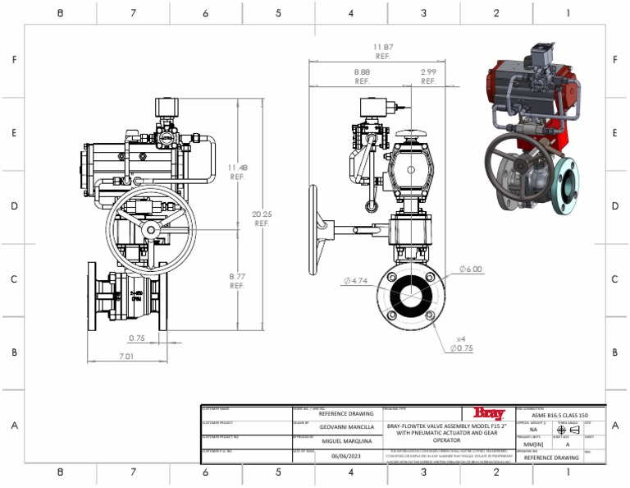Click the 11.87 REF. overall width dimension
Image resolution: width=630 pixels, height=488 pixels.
pos(382,52)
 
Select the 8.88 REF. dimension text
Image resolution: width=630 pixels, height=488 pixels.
pos(362,76)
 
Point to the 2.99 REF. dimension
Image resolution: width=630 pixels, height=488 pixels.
pos(428,76)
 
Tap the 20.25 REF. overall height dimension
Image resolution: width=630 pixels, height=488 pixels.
pos(262,219)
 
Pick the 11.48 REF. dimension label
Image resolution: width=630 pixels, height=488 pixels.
pos(237,172)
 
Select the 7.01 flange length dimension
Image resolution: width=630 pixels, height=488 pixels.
pos(126,357)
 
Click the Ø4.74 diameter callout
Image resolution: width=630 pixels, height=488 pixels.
pos(356,281)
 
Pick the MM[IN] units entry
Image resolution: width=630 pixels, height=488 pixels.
pos(533,444)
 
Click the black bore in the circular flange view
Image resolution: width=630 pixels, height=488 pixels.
pos(407,294)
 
